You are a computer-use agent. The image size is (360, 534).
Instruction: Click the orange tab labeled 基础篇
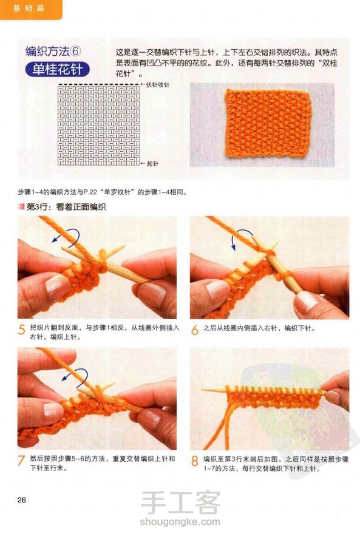coord(30,9)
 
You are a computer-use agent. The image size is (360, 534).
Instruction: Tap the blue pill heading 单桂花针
coord(58,69)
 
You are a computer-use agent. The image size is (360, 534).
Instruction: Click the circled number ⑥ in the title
coord(76,52)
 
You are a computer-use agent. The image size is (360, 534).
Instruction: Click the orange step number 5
coord(22,330)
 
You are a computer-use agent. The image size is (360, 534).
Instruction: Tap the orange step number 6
coord(194,330)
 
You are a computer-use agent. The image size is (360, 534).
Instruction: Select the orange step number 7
coord(21,461)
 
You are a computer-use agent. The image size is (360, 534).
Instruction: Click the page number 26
coord(21,500)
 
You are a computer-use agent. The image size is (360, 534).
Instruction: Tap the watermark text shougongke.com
coord(180,521)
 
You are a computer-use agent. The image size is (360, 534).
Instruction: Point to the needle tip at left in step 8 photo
coord(202,390)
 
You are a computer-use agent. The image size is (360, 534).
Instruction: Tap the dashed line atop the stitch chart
coord(99,84)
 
